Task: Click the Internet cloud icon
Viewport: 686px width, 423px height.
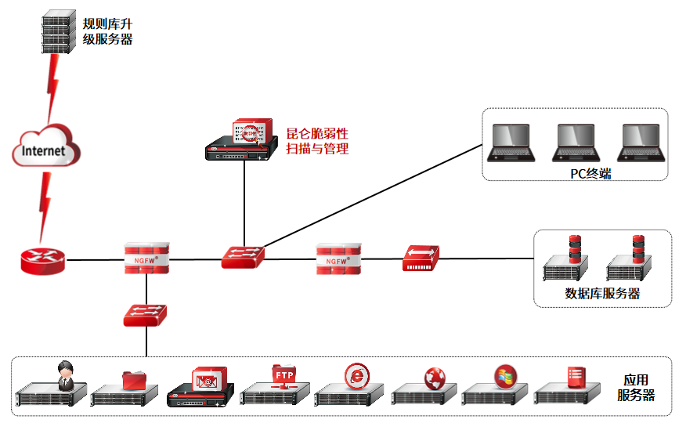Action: pos(46,148)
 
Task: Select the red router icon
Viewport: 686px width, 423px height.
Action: pos(43,260)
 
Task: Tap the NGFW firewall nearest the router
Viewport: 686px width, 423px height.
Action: pos(146,259)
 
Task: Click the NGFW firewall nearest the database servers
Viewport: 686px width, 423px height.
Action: pos(338,258)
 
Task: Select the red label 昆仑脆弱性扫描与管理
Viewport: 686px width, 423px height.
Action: pos(317,141)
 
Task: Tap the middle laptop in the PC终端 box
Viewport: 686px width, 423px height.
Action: pos(577,143)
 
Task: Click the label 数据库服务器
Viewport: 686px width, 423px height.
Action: pos(602,294)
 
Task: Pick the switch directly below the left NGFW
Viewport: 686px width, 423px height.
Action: pos(146,315)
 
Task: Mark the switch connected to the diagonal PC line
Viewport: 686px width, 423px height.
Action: pos(243,257)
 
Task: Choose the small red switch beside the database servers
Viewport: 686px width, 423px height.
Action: pos(421,258)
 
